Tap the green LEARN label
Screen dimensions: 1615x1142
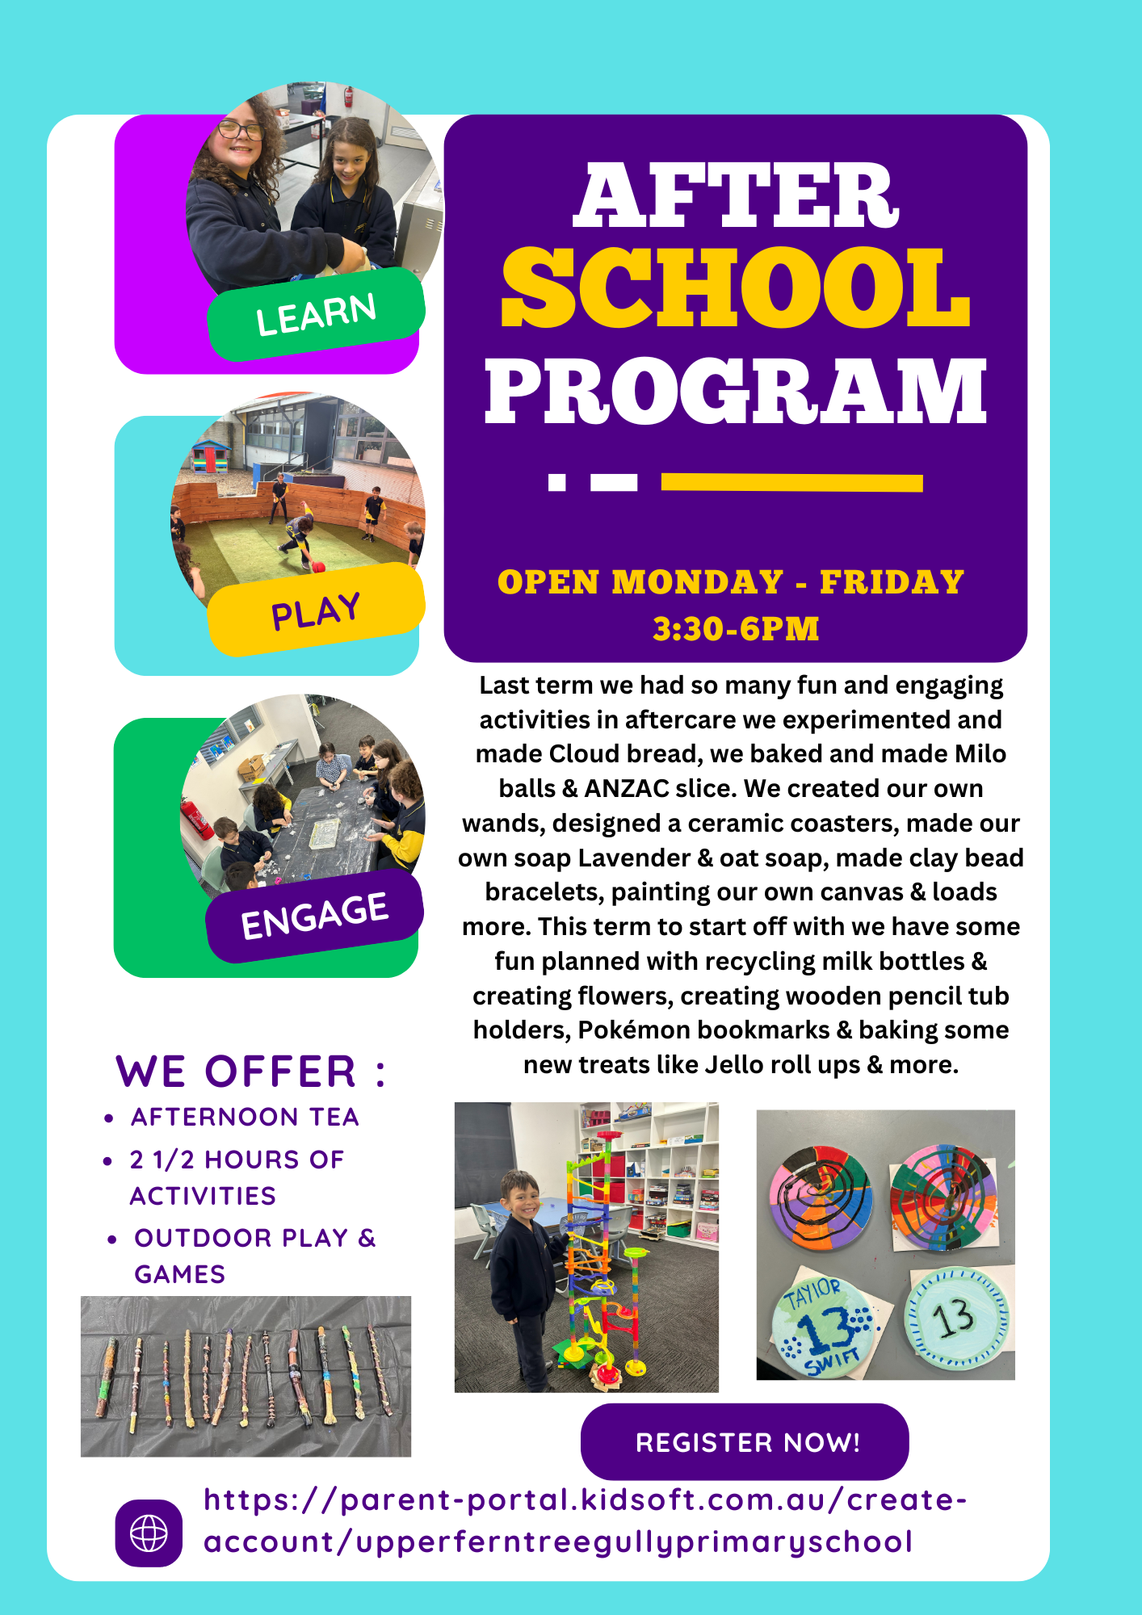tap(316, 314)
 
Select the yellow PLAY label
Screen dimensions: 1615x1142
tap(316, 611)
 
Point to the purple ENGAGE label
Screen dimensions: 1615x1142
tap(315, 916)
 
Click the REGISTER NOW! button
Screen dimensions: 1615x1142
tap(745, 1442)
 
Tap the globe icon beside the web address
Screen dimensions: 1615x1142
tap(149, 1533)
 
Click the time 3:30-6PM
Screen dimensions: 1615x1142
tap(736, 629)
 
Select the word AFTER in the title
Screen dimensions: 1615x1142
tap(735, 196)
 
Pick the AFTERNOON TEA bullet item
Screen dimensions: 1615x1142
tap(245, 1117)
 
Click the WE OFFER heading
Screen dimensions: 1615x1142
tap(250, 1072)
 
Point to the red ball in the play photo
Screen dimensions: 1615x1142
tap(318, 567)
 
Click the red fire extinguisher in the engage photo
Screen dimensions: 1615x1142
tap(197, 818)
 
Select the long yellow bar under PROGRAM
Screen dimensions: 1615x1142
tap(791, 483)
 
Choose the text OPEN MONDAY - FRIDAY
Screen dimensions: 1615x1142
tap(730, 582)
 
